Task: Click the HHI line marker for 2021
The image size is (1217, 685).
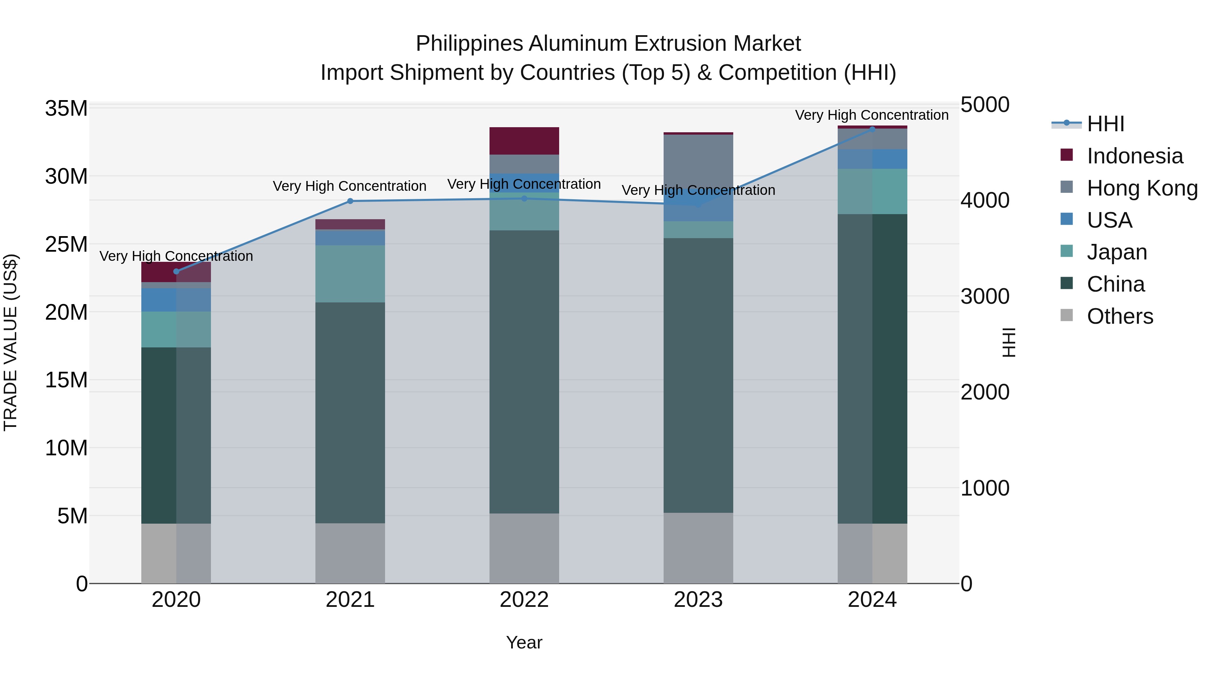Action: (350, 201)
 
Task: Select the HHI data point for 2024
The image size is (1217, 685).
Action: (872, 129)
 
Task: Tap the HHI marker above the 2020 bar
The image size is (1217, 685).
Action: (176, 271)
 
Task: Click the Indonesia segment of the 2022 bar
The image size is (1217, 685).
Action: (524, 141)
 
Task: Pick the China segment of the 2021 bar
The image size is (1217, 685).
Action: (350, 413)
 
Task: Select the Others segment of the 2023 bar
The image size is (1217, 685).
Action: (698, 548)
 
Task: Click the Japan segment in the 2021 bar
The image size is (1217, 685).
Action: (350, 274)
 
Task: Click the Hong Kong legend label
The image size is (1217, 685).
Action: (1142, 188)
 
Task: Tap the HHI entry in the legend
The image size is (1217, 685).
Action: (1105, 124)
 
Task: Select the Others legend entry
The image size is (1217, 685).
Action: (1120, 316)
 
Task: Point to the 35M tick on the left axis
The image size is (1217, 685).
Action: (66, 108)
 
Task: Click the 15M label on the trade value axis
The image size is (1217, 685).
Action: (66, 380)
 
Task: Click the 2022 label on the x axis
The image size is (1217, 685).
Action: (524, 600)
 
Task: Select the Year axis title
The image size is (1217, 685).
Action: (524, 642)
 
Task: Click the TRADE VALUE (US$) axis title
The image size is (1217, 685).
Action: (10, 342)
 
